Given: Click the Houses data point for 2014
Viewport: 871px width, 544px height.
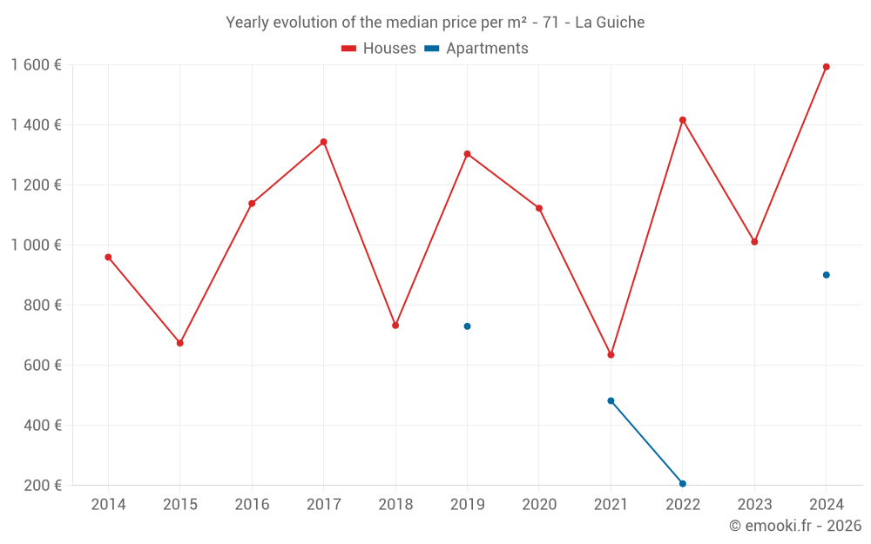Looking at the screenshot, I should pyautogui.click(x=108, y=257).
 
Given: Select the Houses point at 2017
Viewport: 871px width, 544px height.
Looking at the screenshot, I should pyautogui.click(x=323, y=142).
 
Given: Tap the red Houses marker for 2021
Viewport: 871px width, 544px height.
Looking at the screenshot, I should pyautogui.click(x=611, y=354).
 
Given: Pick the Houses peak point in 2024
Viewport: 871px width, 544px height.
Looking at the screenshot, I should pyautogui.click(x=826, y=67).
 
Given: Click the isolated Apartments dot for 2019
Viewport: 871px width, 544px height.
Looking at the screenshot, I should pyautogui.click(x=467, y=326).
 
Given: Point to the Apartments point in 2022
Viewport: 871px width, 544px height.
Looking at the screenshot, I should pyautogui.click(x=682, y=484).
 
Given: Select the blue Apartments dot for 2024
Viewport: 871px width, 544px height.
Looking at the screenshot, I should pyautogui.click(x=826, y=275).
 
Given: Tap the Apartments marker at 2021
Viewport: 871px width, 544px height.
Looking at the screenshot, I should pyautogui.click(x=611, y=401).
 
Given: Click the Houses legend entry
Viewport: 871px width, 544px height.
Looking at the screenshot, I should pyautogui.click(x=379, y=49).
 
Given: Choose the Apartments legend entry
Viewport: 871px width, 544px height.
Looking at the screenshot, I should pyautogui.click(x=476, y=49).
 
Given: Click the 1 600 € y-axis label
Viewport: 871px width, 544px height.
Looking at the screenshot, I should pyautogui.click(x=36, y=64).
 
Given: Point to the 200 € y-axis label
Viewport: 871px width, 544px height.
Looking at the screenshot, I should pyautogui.click(x=43, y=486).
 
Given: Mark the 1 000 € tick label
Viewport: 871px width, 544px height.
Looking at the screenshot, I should pyautogui.click(x=36, y=245).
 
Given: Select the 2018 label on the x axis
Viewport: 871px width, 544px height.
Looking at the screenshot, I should pyautogui.click(x=395, y=505).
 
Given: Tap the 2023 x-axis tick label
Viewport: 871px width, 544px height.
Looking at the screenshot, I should pyautogui.click(x=754, y=505).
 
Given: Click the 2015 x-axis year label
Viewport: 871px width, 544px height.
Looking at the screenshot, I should pyautogui.click(x=180, y=505).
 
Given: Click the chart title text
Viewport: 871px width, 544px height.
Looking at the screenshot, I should pyautogui.click(x=435, y=23).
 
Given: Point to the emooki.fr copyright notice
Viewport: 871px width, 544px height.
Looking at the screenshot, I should pyautogui.click(x=794, y=526).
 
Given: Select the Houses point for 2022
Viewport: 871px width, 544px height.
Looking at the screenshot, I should pyautogui.click(x=682, y=120).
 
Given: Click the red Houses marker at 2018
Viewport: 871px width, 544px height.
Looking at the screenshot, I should pyautogui.click(x=395, y=326).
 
